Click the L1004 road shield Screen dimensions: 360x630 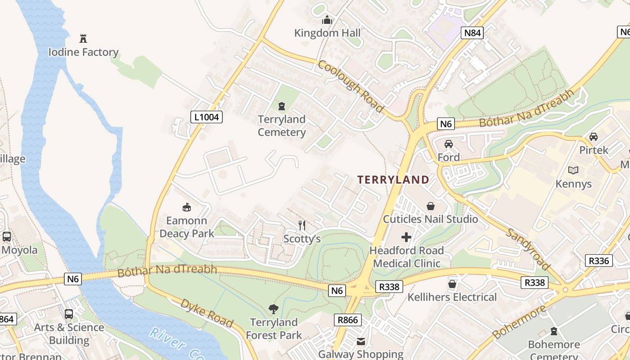pos(207,117)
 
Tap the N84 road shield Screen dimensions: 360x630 pos(472,32)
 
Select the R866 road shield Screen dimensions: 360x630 pos(348,320)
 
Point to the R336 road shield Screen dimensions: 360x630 pos(598,261)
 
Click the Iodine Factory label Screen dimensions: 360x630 pos(83,52)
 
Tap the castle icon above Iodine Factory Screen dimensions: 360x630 pos(83,38)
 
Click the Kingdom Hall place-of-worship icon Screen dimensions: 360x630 pos(327,20)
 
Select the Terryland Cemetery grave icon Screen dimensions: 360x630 pos(282,106)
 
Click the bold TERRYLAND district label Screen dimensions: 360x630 pos(393,180)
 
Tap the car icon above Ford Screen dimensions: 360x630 pos(448,144)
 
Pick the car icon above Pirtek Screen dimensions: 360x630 pos(594,137)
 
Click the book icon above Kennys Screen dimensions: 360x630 pos(573,171)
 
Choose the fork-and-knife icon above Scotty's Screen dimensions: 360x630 pos(302,225)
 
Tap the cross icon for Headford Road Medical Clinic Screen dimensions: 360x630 pos(406,237)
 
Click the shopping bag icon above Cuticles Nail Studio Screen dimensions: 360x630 pos(431,206)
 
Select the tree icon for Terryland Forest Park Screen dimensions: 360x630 pos(273,309)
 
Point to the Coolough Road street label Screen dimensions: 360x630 pos(351,86)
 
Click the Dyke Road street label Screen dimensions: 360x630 pos(207,312)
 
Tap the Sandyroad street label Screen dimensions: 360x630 pos(528,248)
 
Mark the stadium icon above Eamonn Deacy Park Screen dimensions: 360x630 pos(186,207)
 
